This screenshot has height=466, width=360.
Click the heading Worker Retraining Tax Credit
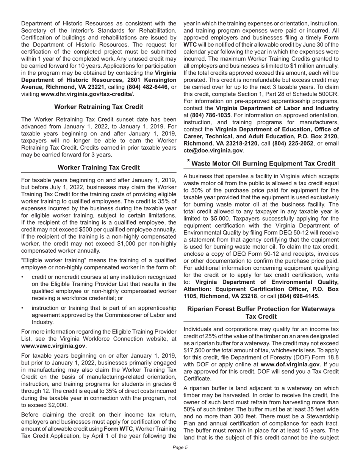tap(99, 107)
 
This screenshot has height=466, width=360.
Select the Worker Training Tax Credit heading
tap(99, 167)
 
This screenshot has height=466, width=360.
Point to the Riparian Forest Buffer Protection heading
tap(261, 313)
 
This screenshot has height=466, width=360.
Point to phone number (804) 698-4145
tap(298, 296)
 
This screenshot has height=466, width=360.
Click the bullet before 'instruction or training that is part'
tap(23, 308)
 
